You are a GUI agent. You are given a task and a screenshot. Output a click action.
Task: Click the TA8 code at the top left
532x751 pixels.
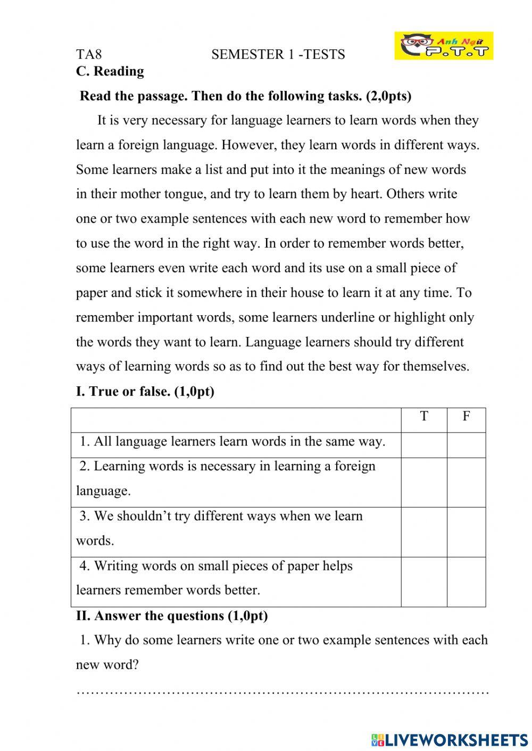point(89,54)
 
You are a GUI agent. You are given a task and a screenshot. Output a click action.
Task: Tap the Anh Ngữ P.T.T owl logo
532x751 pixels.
point(444,46)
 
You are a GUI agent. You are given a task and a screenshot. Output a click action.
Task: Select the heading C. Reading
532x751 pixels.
point(110,71)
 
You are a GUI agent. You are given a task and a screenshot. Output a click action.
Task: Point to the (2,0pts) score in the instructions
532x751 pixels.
point(388,96)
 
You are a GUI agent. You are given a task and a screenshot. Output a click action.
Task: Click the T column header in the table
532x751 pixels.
point(424,416)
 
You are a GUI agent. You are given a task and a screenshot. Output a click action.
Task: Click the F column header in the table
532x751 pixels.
point(466,416)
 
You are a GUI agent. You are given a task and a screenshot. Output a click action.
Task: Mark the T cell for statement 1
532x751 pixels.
point(424,445)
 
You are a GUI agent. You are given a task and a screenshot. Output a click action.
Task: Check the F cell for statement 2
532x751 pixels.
point(466,482)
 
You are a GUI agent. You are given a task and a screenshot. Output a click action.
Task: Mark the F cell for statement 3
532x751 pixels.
point(466,532)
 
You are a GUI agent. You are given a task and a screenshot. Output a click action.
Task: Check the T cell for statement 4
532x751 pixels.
point(424,581)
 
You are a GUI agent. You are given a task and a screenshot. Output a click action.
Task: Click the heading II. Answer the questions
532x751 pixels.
point(172,616)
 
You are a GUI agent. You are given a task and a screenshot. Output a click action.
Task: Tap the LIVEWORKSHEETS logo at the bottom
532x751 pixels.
point(450,739)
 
